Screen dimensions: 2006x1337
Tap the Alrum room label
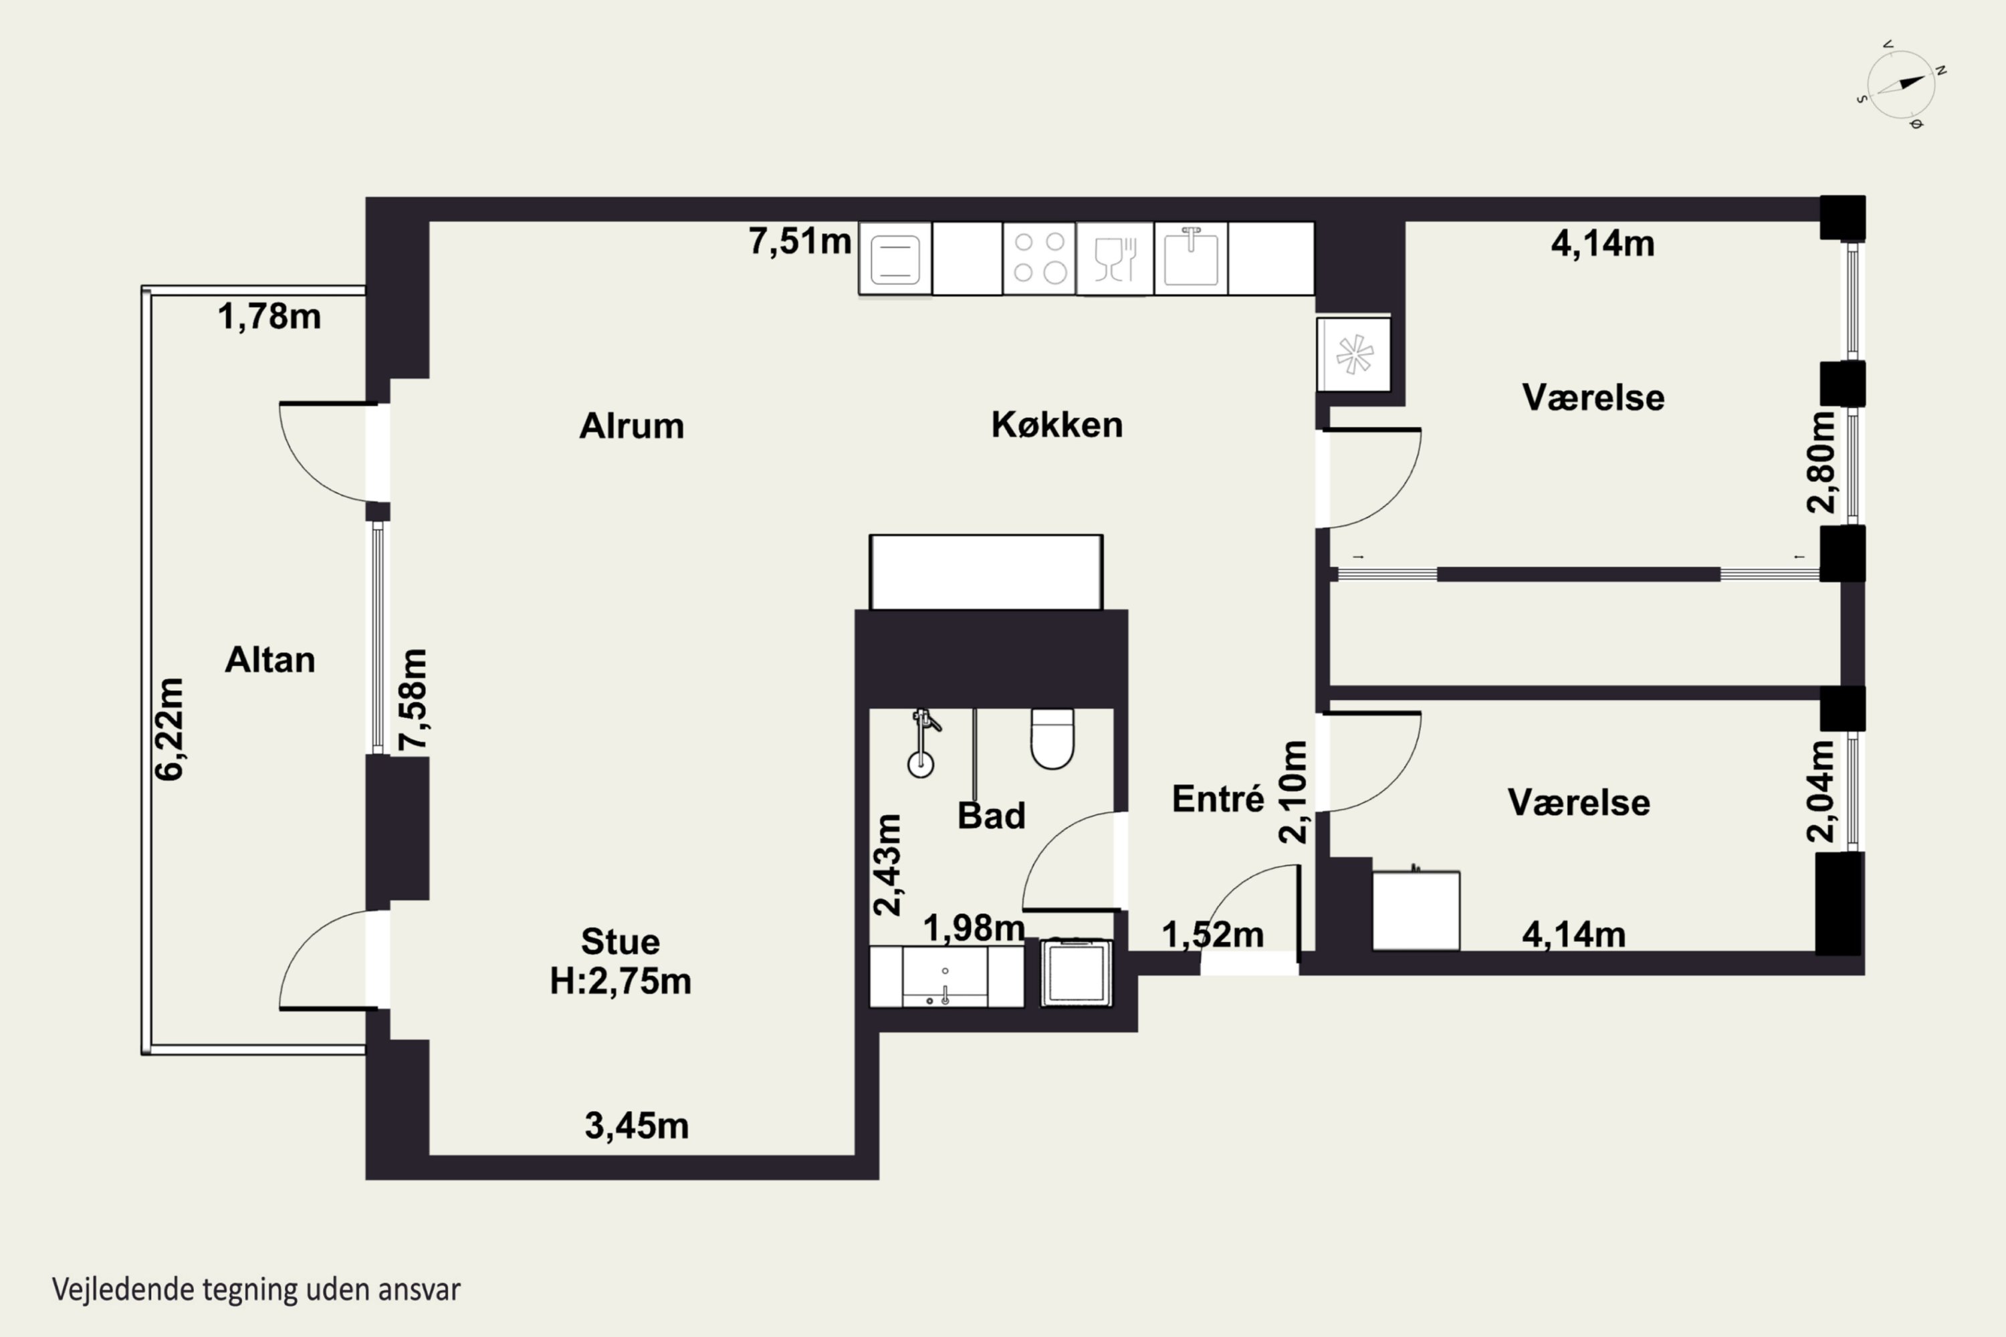pyautogui.click(x=631, y=425)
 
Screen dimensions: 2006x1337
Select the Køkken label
pyautogui.click(x=1056, y=424)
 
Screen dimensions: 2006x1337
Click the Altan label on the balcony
pyautogui.click(x=269, y=659)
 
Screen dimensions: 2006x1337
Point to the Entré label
pyautogui.click(x=1218, y=798)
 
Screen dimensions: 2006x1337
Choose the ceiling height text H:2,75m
pyautogui.click(x=620, y=981)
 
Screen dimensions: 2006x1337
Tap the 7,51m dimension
pyautogui.click(x=800, y=241)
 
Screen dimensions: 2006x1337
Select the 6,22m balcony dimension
pyautogui.click(x=170, y=729)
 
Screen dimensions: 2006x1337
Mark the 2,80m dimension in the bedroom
pyautogui.click(x=1821, y=462)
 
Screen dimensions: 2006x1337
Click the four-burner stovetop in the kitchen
pyautogui.click(x=1039, y=257)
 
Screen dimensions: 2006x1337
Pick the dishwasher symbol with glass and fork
pyautogui.click(x=1115, y=258)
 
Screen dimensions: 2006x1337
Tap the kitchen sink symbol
pyautogui.click(x=1191, y=257)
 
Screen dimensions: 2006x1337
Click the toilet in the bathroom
pyautogui.click(x=1052, y=739)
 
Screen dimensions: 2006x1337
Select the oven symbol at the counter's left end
pyautogui.click(x=895, y=258)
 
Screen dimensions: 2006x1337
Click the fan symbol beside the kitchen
pyautogui.click(x=1353, y=355)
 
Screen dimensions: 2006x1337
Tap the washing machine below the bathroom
pyautogui.click(x=1077, y=973)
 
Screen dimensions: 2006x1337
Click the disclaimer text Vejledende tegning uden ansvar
pyautogui.click(x=256, y=1290)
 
